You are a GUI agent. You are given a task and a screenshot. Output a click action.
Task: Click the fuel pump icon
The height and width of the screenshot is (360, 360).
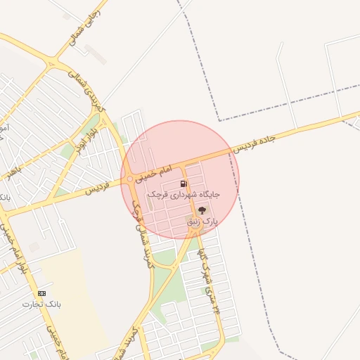pos(184,184)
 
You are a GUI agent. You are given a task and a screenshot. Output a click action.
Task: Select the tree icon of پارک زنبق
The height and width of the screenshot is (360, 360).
pos(202,210)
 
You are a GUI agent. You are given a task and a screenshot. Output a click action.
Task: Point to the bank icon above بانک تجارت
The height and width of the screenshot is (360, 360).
pos(41,292)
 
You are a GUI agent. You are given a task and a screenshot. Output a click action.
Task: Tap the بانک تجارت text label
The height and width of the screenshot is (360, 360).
pos(41,304)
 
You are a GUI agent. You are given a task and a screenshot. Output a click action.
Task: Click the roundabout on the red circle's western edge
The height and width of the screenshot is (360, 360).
pos(129,179)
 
